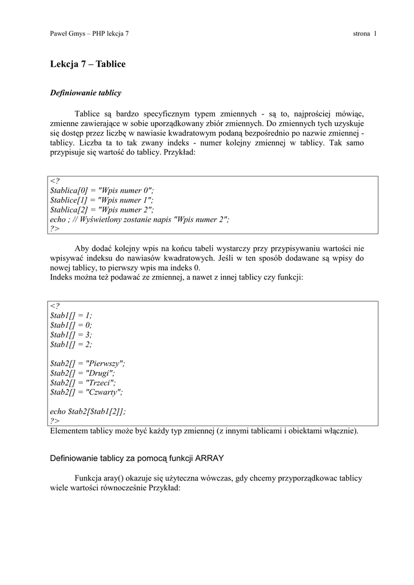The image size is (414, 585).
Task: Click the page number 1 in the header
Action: pyautogui.click(x=375, y=34)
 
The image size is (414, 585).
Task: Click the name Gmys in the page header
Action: pyautogui.click(x=75, y=34)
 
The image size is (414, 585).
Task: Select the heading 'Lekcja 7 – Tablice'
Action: pyautogui.click(x=87, y=64)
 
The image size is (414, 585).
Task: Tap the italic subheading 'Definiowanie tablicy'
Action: pyautogui.click(x=86, y=93)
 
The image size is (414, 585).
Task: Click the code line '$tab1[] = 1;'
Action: pyautogui.click(x=71, y=315)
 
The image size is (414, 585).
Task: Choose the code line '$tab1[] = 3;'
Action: pyautogui.click(x=71, y=335)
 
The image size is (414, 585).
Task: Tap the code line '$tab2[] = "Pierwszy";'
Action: pyautogui.click(x=87, y=363)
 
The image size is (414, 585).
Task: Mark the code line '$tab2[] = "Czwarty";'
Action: pyautogui.click(x=86, y=392)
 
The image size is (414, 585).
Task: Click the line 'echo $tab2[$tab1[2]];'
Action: pyautogui.click(x=88, y=411)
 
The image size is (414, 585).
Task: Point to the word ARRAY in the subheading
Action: pyautogui.click(x=210, y=458)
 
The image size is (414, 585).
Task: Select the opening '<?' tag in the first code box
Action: pyautogui.click(x=55, y=181)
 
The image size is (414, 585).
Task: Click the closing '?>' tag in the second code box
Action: pyautogui.click(x=55, y=421)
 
